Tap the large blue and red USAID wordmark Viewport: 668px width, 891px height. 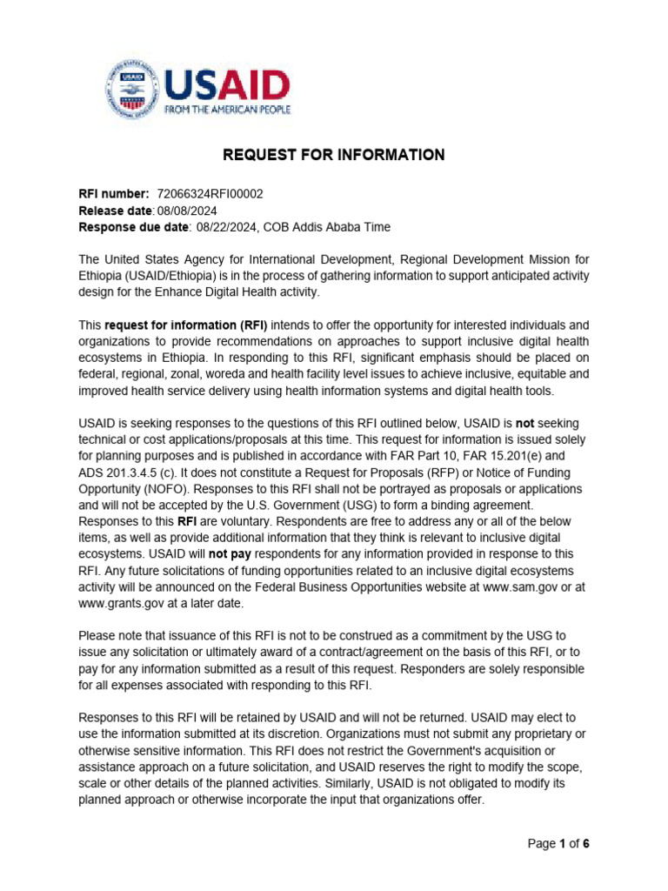click(226, 85)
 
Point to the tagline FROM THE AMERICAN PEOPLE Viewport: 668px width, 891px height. click(228, 110)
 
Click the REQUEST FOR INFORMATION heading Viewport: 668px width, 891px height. click(334, 155)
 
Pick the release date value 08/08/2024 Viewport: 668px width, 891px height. click(187, 211)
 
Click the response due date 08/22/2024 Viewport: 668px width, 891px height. click(228, 227)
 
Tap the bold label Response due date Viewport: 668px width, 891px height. click(134, 227)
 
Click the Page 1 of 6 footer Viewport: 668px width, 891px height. click(560, 843)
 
